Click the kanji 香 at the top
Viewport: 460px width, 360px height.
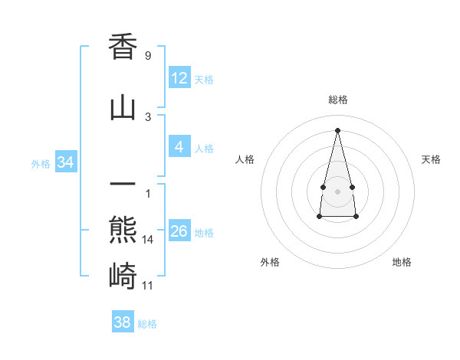coord(123,47)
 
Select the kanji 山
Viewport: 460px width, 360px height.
coord(123,108)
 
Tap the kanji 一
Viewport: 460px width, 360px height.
coord(123,184)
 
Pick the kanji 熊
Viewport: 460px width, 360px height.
coord(123,230)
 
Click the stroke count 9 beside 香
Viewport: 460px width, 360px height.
coord(147,56)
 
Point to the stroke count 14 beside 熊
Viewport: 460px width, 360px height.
coord(148,240)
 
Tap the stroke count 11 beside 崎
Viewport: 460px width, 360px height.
coord(148,286)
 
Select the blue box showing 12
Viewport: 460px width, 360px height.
coord(179,78)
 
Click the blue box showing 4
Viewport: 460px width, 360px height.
coord(179,147)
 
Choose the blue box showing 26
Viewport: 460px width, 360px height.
coord(179,231)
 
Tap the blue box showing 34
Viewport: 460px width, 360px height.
coord(66,162)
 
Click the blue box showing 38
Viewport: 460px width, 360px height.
coord(123,322)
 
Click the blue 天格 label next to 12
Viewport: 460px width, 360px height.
coord(204,80)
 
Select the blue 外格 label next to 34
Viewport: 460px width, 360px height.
coord(41,164)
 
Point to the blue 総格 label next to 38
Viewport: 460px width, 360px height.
coord(147,324)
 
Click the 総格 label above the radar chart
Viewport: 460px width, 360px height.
coord(337,100)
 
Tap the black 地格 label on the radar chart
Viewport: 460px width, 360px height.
coord(402,262)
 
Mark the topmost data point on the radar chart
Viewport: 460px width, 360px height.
coord(337,129)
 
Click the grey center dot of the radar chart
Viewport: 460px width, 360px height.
coord(337,191)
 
